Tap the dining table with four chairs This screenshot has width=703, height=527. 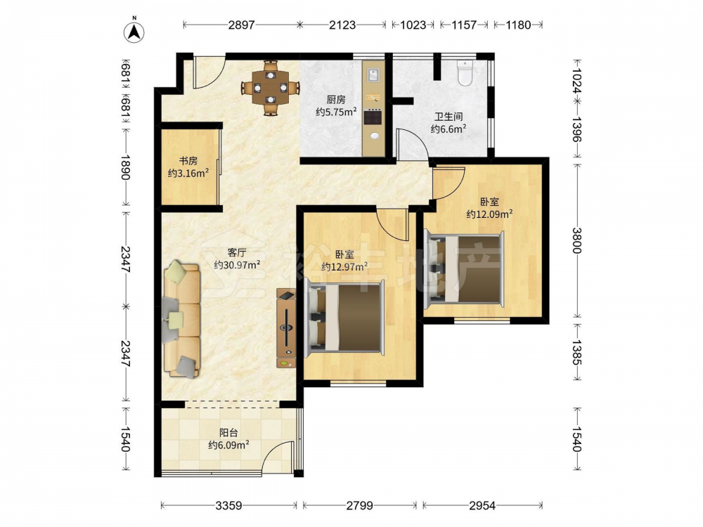(271, 88)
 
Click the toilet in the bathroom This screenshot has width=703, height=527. (465, 73)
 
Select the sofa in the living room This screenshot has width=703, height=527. (182, 320)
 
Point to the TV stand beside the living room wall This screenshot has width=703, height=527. (286, 328)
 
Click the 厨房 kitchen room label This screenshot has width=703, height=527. (336, 100)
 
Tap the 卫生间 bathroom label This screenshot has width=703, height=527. (449, 117)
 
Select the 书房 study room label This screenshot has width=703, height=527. (188, 160)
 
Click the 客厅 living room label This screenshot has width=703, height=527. (237, 252)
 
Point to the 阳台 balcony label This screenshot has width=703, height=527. (228, 433)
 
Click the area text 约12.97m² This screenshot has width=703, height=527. (344, 267)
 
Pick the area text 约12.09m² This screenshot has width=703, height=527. (489, 214)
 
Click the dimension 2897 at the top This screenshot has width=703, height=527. (241, 25)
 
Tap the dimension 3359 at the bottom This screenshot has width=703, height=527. (228, 506)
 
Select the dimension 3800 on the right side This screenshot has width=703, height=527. (576, 240)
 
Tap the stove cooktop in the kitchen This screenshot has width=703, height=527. (373, 117)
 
